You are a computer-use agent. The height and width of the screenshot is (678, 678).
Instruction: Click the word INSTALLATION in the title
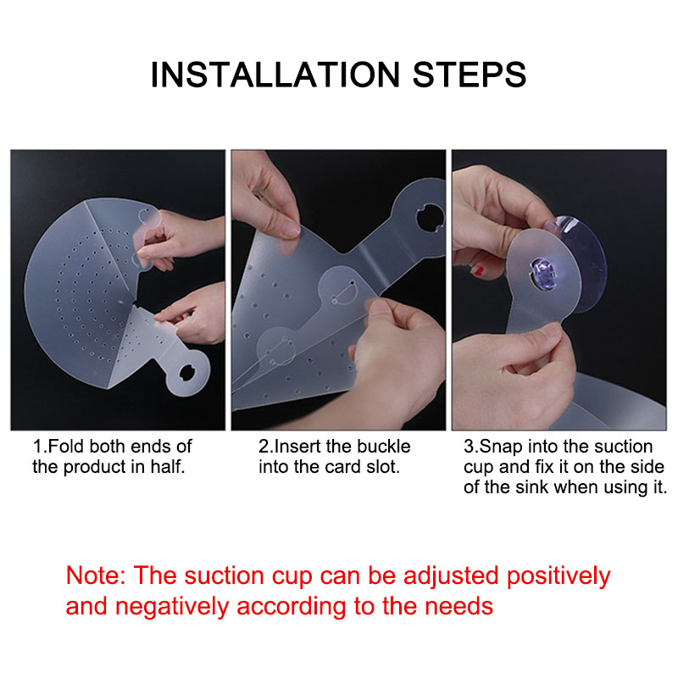pyautogui.click(x=275, y=75)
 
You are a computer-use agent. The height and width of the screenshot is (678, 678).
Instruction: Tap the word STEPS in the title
pyautogui.click(x=470, y=75)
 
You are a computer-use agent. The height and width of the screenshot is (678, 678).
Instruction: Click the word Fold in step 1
pyautogui.click(x=65, y=447)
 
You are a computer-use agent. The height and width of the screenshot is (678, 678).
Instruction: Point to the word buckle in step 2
pyautogui.click(x=386, y=447)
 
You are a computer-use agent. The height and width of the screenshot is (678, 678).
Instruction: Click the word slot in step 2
pyautogui.click(x=383, y=467)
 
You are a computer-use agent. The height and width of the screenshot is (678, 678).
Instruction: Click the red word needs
pyautogui.click(x=458, y=607)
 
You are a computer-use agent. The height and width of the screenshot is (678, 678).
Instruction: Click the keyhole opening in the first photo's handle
pyautogui.click(x=187, y=373)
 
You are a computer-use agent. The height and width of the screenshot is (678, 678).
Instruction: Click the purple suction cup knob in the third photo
pyautogui.click(x=544, y=274)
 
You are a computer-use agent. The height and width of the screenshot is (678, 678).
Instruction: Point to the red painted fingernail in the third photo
pyautogui.click(x=478, y=270)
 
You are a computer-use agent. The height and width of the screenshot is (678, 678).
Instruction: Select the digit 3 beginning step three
pyautogui.click(x=469, y=447)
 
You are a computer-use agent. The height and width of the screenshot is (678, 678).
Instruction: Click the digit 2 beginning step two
pyautogui.click(x=264, y=447)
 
